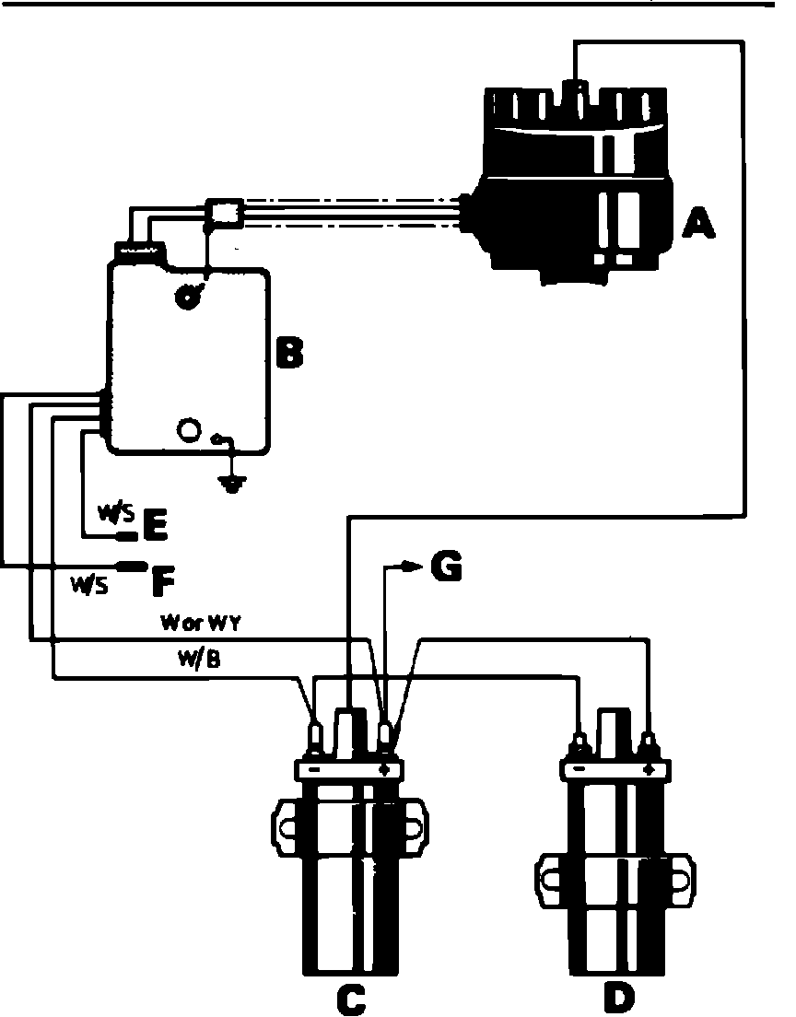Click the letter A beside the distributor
[x=696, y=221]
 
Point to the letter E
[x=154, y=525]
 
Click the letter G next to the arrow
[x=445, y=568]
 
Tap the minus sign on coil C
[x=313, y=768]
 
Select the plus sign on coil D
[x=650, y=768]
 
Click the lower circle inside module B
[x=189, y=429]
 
